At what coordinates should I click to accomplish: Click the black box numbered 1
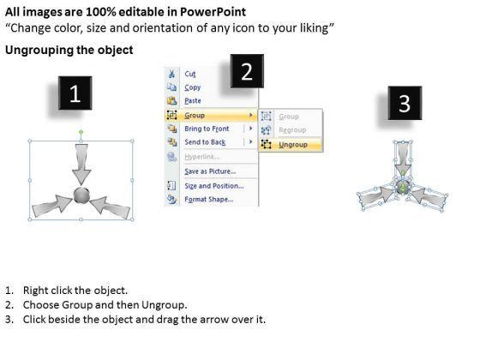[75, 93]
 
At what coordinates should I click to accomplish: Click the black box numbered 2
[247, 71]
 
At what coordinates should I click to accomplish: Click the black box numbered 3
[405, 103]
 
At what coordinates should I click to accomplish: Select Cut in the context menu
[189, 74]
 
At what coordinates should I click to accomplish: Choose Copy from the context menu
[192, 87]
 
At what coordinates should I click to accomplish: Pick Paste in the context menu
[193, 101]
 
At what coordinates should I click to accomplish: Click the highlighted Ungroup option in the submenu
[293, 145]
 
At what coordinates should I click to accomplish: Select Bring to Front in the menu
[207, 129]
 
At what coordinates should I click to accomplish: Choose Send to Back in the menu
[205, 142]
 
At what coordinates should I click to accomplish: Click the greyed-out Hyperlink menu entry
[201, 157]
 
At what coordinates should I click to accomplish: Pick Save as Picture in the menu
[210, 171]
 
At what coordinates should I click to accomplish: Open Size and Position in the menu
[214, 186]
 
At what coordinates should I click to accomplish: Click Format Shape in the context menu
[209, 199]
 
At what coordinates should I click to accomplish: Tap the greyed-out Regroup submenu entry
[292, 129]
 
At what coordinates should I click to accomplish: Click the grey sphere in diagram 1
[81, 195]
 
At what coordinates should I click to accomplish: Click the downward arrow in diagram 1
[81, 165]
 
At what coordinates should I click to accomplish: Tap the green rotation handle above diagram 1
[81, 132]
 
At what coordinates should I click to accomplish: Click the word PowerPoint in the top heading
[213, 12]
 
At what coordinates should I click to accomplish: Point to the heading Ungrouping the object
[69, 50]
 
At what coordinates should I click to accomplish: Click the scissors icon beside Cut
[171, 74]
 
